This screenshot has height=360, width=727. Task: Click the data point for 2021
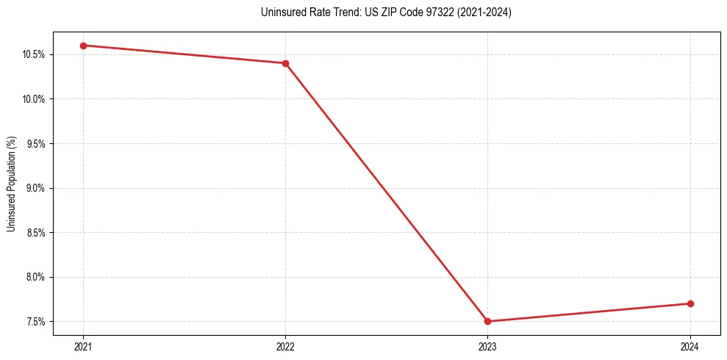coord(83,46)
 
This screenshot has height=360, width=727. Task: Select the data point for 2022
coord(285,63)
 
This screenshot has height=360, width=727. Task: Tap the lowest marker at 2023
coord(487,321)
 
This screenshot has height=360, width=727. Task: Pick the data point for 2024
coord(690,303)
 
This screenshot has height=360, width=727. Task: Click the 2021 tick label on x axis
coord(83,346)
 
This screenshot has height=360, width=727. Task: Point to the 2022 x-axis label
coord(285,346)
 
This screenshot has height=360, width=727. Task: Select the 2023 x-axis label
coord(487,346)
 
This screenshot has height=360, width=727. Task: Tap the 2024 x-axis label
coord(690,346)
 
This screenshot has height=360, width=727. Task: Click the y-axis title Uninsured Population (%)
coord(11,183)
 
